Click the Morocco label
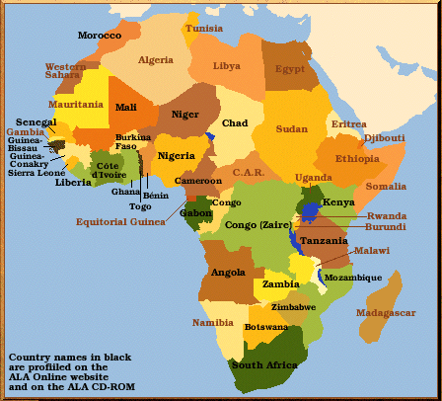pyautogui.click(x=100, y=36)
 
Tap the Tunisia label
pyautogui.click(x=204, y=29)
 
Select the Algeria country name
pyautogui.click(x=155, y=60)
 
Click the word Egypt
pyautogui.click(x=290, y=69)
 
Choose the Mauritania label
pyautogui.click(x=76, y=104)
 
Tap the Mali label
pyautogui.click(x=126, y=107)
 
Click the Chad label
pyautogui.click(x=235, y=123)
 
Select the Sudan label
pyautogui.click(x=291, y=129)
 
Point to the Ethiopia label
pyautogui.click(x=356, y=158)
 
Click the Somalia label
pyautogui.click(x=386, y=186)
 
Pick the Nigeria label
pyautogui.click(x=177, y=156)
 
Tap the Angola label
pyautogui.click(x=228, y=273)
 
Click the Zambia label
pyautogui.click(x=280, y=284)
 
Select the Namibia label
pyautogui.click(x=213, y=323)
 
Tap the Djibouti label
pyautogui.click(x=385, y=138)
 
